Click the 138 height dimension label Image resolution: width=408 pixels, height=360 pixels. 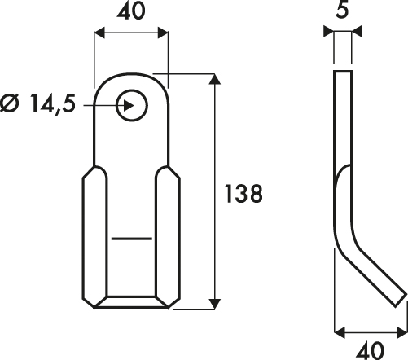point(243,194)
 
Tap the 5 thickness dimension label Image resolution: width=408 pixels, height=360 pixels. point(342,11)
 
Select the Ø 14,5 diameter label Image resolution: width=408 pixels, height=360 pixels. point(37,104)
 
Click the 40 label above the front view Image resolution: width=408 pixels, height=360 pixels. point(131,11)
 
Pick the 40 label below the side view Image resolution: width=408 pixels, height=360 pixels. point(371,350)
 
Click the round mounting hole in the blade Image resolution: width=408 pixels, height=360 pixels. point(132,105)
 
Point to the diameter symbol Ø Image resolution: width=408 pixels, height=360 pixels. point(11,103)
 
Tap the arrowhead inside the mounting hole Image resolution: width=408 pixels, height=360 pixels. point(129,105)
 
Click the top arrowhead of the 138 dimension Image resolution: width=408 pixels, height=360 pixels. point(215,79)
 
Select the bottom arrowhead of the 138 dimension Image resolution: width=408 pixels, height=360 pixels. point(215,304)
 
